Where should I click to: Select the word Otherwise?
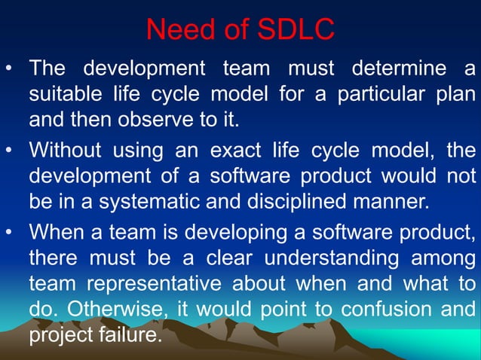[115, 309]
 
